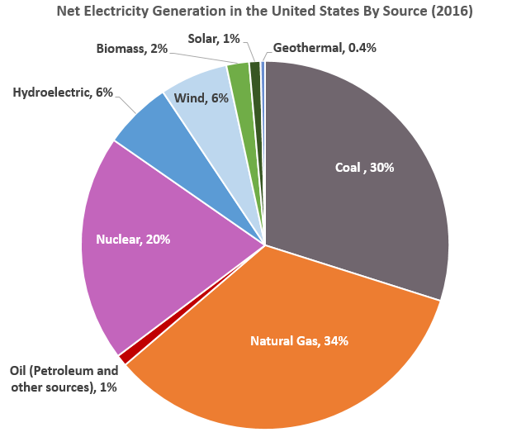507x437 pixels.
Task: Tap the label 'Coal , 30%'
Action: click(364, 168)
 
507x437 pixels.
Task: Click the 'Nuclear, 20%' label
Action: click(133, 240)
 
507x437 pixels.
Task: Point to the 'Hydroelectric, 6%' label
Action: click(63, 93)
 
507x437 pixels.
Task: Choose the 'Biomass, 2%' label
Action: click(132, 50)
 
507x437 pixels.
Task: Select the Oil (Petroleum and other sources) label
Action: click(64, 378)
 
